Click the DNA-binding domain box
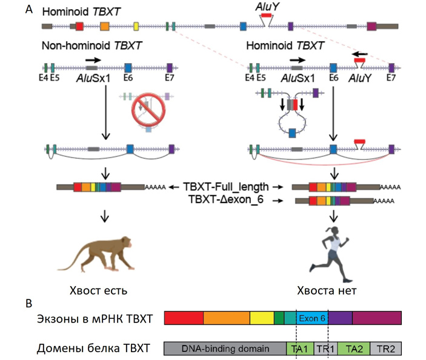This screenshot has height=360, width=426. [x=225, y=348]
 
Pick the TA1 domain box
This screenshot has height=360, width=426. [x=296, y=348]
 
